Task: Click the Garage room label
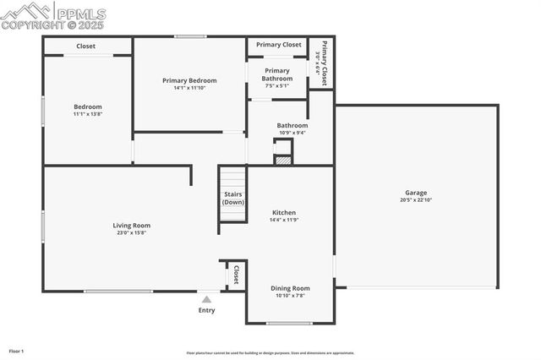(416, 193)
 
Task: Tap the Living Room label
(132, 225)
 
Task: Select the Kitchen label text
(283, 212)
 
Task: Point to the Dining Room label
(290, 288)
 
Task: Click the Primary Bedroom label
(189, 80)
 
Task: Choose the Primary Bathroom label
(277, 74)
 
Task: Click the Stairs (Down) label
(233, 199)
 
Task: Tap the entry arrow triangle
(206, 299)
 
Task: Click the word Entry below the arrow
(206, 310)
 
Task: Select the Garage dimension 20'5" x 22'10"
(416, 200)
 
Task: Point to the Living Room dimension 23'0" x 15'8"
(132, 232)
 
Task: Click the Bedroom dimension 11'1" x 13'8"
(88, 114)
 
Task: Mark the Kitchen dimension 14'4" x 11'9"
(283, 220)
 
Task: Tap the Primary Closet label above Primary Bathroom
(279, 45)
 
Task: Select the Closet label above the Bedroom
(86, 46)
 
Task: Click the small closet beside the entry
(236, 274)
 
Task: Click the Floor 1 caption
(16, 351)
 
